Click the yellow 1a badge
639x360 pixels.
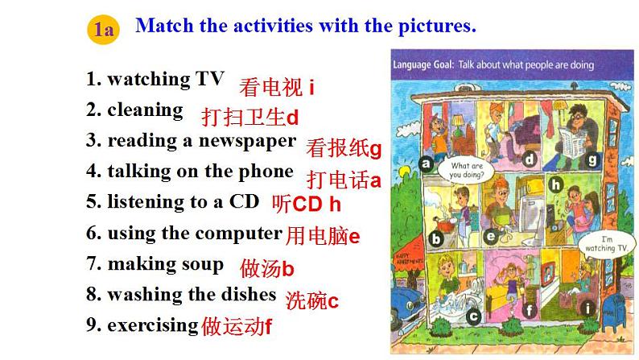pos(102,31)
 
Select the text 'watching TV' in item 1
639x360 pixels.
pos(166,79)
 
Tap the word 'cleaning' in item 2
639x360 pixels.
pos(145,110)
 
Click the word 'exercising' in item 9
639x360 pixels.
pos(153,325)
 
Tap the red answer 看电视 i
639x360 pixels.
pos(276,87)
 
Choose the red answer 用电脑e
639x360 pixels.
pos(322,236)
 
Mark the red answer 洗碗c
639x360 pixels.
pos(312,301)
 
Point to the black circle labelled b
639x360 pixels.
pos(436,238)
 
